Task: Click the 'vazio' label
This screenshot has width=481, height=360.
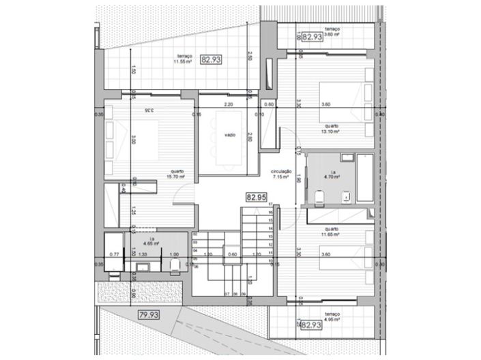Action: [230, 135]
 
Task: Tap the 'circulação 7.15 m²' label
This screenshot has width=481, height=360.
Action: [282, 174]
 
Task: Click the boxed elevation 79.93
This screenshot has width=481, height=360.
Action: [149, 315]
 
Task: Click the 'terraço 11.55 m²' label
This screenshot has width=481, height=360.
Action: [182, 59]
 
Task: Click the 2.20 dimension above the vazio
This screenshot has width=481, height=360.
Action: [229, 104]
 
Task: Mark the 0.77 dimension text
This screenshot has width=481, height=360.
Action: [115, 254]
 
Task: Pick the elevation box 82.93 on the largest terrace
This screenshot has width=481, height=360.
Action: [212, 60]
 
